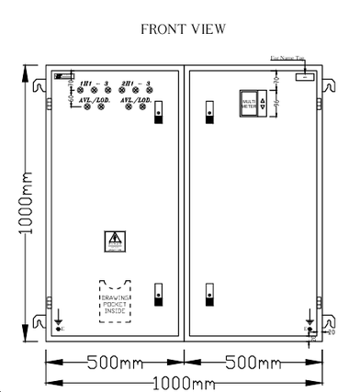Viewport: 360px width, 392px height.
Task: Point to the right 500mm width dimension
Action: tap(253, 362)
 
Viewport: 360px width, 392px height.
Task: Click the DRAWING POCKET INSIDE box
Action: tap(116, 299)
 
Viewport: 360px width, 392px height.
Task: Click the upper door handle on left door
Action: tap(157, 110)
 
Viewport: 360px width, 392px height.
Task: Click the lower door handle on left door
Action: tap(157, 294)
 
